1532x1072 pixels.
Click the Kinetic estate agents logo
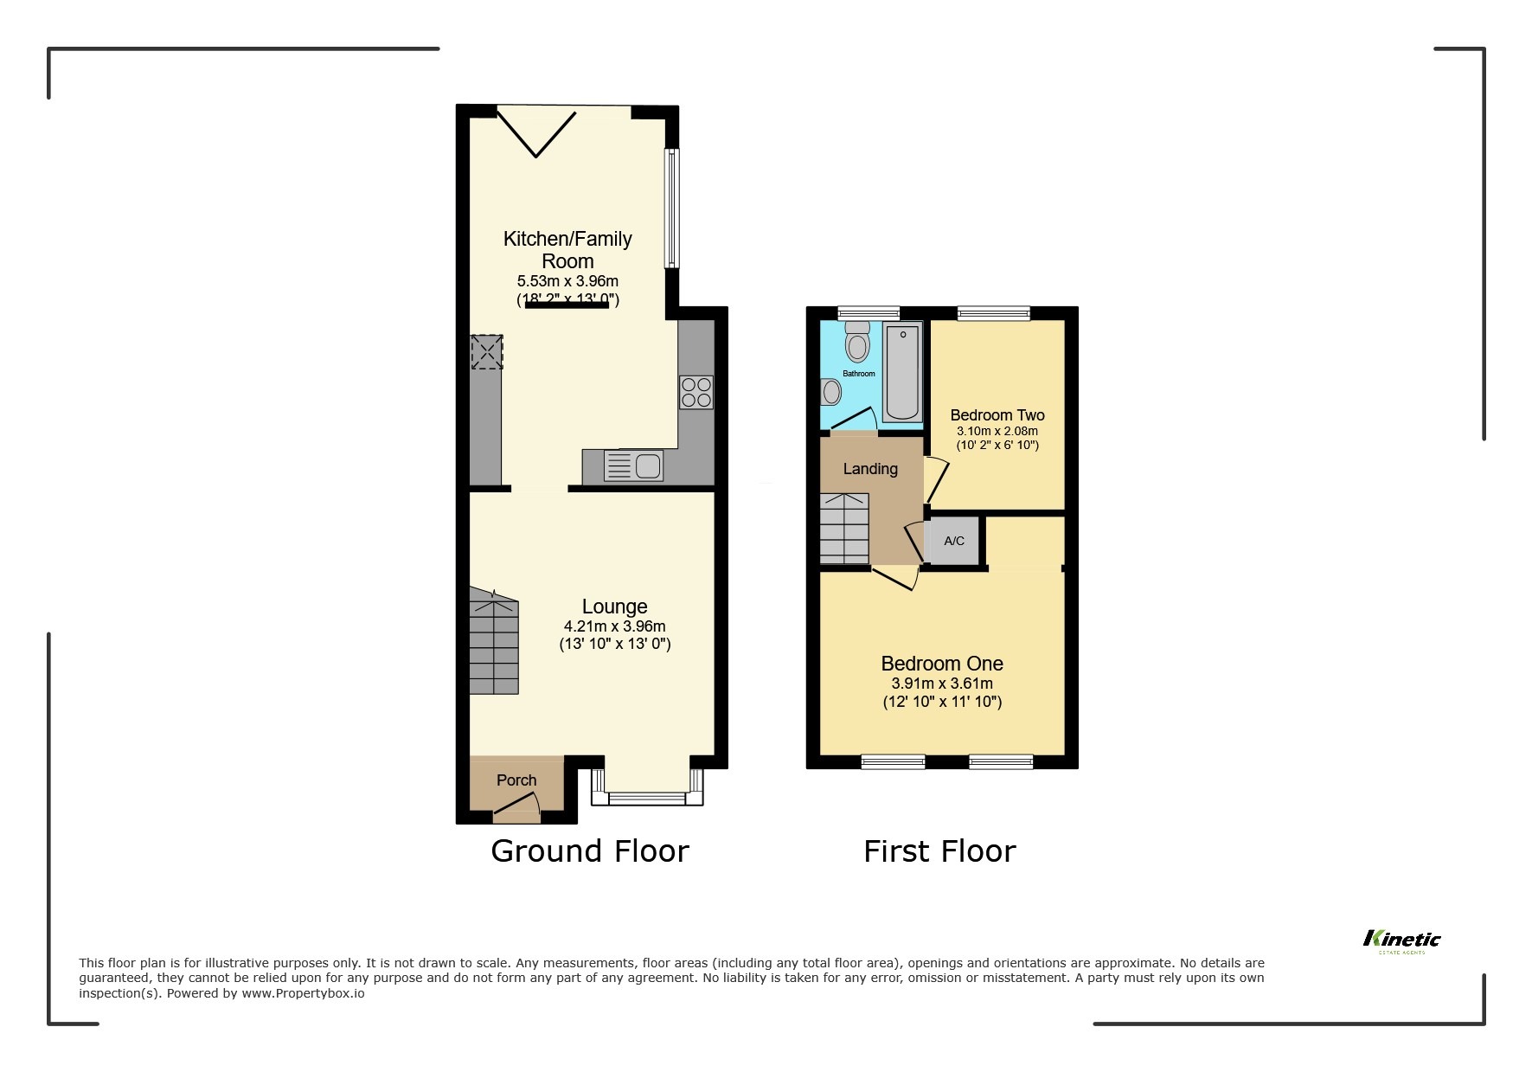tap(1401, 940)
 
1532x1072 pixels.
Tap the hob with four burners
tap(696, 391)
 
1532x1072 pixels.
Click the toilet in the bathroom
tap(857, 342)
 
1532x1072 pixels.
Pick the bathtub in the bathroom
tap(902, 373)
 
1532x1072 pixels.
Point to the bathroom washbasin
tap(831, 394)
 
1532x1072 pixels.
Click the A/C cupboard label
tap(953, 542)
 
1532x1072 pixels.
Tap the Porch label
tap(516, 780)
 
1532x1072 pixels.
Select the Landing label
tap(870, 469)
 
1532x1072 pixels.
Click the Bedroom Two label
tap(997, 415)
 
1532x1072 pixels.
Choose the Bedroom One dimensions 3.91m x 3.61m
tap(942, 684)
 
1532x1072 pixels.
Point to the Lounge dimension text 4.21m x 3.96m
tap(614, 626)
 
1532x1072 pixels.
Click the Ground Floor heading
tap(589, 851)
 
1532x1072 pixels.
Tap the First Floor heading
tap(939, 851)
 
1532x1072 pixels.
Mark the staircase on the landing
tap(843, 529)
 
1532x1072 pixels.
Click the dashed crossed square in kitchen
tap(486, 352)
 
